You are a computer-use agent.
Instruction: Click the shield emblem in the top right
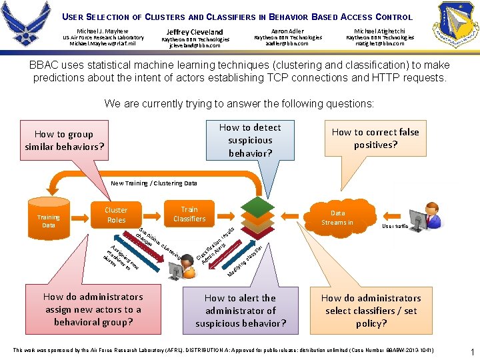(455, 25)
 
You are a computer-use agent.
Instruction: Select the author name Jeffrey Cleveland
(195, 31)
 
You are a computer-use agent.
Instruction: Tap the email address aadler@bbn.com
(287, 44)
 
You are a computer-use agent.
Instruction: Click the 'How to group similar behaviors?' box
(65, 140)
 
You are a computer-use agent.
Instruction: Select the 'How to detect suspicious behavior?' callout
(250, 141)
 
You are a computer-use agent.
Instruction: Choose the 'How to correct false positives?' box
(375, 138)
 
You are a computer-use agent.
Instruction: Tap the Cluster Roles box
(116, 215)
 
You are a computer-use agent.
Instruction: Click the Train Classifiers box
(189, 214)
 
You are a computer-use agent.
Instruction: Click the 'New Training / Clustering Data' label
(154, 183)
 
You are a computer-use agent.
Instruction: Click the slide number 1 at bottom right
(471, 351)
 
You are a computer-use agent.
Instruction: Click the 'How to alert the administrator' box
(241, 311)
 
